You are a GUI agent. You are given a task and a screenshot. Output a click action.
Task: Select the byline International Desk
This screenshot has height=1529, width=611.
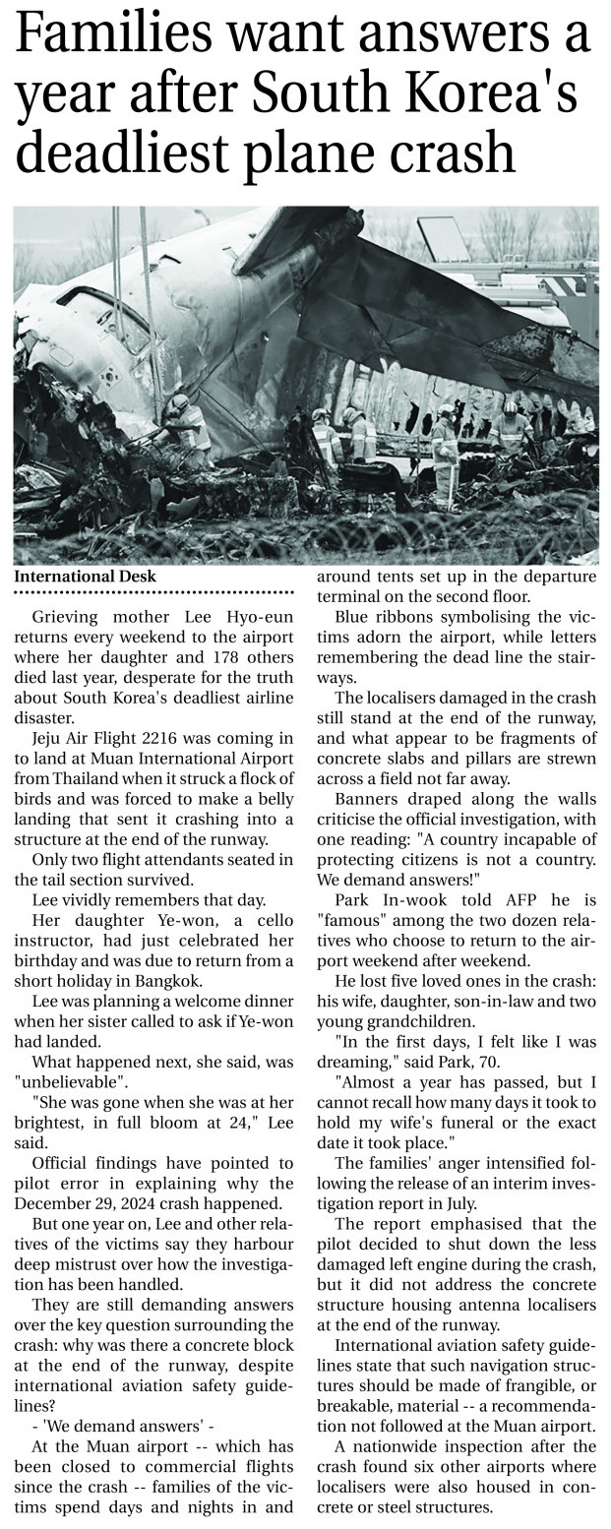tap(85, 577)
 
